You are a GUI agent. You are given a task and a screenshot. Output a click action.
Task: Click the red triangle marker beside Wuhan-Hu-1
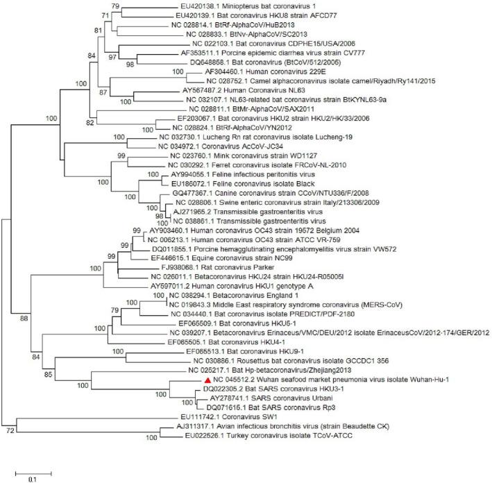click(207, 380)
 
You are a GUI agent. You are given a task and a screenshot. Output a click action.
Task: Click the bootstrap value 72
click(9, 430)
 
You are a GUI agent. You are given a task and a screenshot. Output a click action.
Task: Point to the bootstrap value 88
click(24, 318)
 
